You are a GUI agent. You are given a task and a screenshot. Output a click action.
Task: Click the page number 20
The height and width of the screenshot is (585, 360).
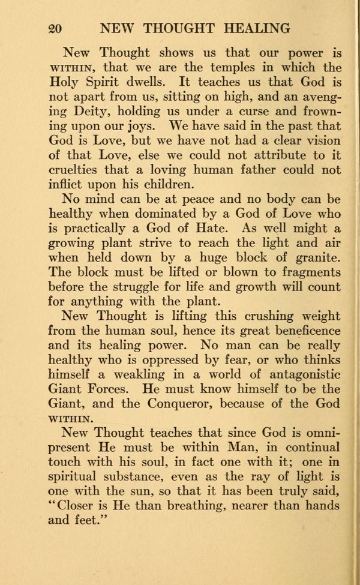(55, 29)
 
